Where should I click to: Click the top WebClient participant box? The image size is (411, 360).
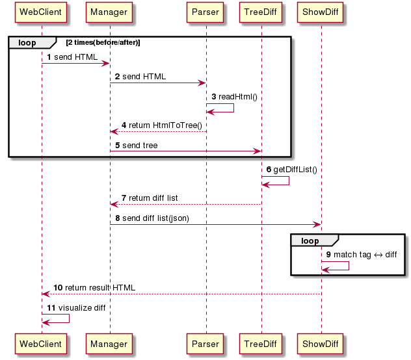click(x=41, y=12)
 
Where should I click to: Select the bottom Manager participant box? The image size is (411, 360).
click(x=109, y=344)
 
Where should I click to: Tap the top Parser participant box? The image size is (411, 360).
click(x=205, y=12)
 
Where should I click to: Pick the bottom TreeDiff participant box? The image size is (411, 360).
click(x=261, y=344)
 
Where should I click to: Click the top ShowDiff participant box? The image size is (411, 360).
click(x=321, y=12)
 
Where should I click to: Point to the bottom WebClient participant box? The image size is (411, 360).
click(x=41, y=344)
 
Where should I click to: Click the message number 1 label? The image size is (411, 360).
click(x=49, y=57)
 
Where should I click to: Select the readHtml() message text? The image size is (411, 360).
click(x=238, y=97)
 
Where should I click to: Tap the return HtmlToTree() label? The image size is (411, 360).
click(x=165, y=125)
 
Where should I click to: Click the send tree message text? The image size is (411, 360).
click(x=140, y=146)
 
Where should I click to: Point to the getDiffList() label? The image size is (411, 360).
click(x=295, y=170)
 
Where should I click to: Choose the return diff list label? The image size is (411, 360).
click(x=153, y=198)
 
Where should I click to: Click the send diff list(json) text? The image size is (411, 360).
click(x=155, y=218)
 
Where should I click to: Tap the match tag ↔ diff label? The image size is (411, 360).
click(x=365, y=255)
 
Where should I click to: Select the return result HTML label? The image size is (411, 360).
click(x=100, y=288)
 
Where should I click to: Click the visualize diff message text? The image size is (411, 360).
click(x=82, y=308)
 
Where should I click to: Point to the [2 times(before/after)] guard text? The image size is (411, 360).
click(x=103, y=42)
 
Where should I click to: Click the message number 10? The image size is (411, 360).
click(x=58, y=288)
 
